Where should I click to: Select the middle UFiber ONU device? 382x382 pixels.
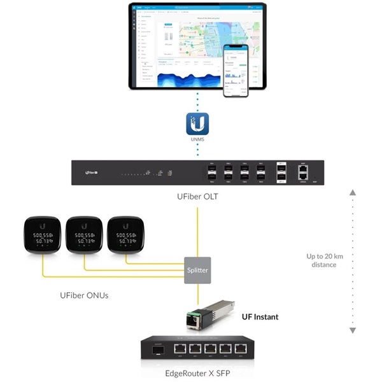(83, 237)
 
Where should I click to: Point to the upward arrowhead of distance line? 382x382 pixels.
(353, 192)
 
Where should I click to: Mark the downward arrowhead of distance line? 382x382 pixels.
(353, 330)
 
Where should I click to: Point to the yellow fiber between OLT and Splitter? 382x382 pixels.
(198, 223)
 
